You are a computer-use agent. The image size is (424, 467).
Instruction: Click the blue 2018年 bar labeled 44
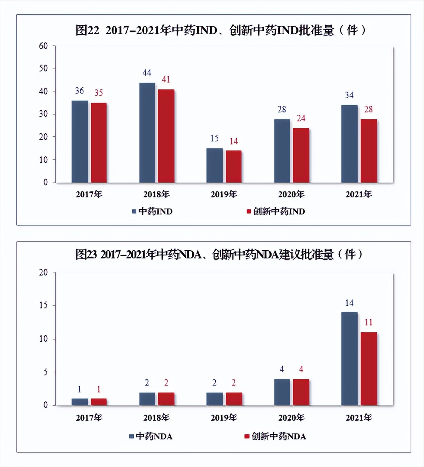coord(147,133)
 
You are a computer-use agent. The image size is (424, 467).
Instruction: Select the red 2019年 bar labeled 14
coord(234,166)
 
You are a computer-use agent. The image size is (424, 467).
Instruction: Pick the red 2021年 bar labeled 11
coord(368,369)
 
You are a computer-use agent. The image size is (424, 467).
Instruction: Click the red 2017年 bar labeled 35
coord(99,143)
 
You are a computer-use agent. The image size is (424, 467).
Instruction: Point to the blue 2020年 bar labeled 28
coord(282,151)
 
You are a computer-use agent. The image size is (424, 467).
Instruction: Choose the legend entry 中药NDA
coord(151,436)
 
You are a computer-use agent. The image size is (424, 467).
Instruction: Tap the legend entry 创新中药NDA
coord(275,436)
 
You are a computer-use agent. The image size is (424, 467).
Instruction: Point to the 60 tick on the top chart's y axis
coord(44,46)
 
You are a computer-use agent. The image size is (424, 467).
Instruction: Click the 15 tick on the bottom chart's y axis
coord(44,305)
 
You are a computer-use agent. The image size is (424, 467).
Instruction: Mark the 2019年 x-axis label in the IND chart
coord(224,194)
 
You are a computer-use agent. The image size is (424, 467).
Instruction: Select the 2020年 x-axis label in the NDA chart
coord(291,418)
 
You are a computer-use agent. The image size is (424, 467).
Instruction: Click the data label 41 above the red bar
coord(166,79)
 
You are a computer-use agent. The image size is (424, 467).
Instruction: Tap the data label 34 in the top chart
coord(349,95)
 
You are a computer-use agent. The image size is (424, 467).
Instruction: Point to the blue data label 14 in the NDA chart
coord(349,303)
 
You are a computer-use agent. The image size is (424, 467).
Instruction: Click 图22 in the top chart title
coord(87,30)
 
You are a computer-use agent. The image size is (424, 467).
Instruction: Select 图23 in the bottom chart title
coord(86,255)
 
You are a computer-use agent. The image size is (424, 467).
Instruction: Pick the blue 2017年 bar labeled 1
coord(80,402)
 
